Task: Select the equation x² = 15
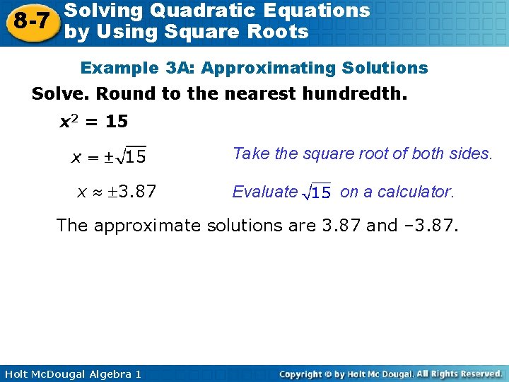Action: tap(93, 122)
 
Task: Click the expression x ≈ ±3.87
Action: tap(116, 192)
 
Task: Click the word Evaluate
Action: tap(265, 192)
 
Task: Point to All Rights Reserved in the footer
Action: tap(459, 374)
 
